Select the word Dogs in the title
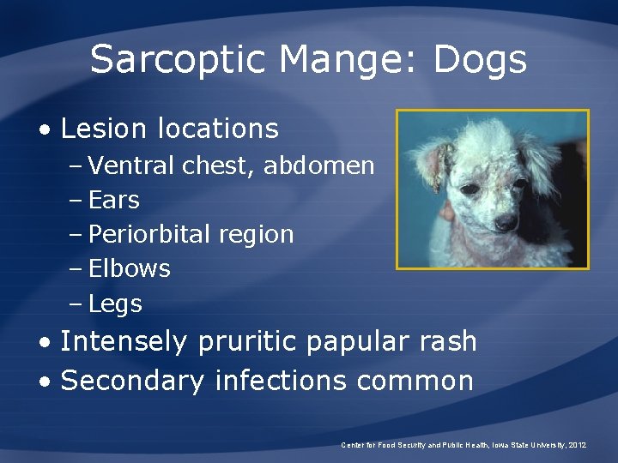(480, 61)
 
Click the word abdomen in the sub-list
(318, 165)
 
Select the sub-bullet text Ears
(113, 200)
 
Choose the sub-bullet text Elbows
(129, 268)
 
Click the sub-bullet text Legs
(115, 304)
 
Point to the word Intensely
(124, 341)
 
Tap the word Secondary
(133, 380)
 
